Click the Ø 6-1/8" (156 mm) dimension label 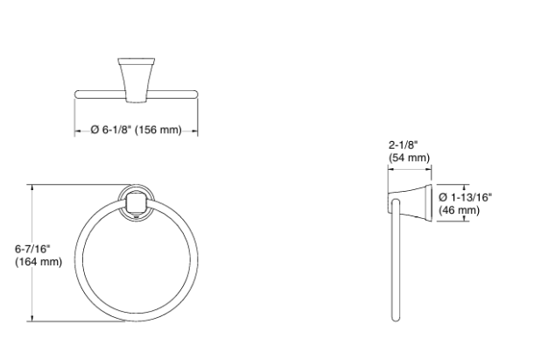[x=136, y=130]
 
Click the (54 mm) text [x=409, y=158]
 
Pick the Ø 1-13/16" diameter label [x=465, y=197]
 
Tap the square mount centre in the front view [x=134, y=205]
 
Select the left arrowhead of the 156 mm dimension [x=76, y=130]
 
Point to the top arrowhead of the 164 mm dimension [x=32, y=187]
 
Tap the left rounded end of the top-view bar [x=78, y=94]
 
